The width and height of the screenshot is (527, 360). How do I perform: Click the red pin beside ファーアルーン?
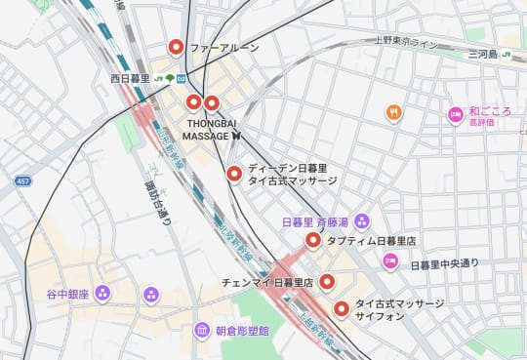177,46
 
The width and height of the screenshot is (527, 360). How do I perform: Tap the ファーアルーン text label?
224,47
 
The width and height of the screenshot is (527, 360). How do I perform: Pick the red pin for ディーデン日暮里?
234,174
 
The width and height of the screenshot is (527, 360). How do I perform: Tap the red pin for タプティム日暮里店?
313,240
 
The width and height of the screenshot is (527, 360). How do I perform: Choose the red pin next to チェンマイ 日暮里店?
328,282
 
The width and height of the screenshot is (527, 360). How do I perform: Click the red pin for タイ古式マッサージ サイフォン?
342,309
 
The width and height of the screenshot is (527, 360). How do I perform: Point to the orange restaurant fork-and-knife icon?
393,113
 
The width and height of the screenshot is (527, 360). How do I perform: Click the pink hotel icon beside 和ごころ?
455,115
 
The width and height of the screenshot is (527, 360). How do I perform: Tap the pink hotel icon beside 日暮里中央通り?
390,260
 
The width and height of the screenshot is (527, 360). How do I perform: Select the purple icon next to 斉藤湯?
362,220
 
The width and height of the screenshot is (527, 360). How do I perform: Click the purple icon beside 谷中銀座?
103,293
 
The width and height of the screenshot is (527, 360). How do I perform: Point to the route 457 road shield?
22,181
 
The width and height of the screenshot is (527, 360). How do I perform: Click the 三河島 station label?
482,54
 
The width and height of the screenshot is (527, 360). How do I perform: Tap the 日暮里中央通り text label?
445,265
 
